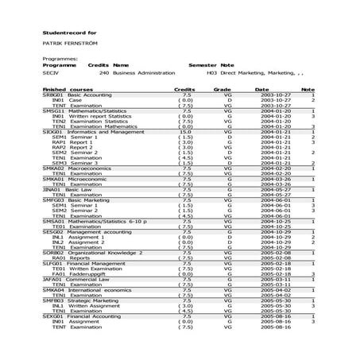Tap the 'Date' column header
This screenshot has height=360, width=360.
[262, 90]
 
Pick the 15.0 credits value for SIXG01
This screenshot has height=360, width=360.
[186, 131]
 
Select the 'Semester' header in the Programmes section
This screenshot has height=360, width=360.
[202, 65]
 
